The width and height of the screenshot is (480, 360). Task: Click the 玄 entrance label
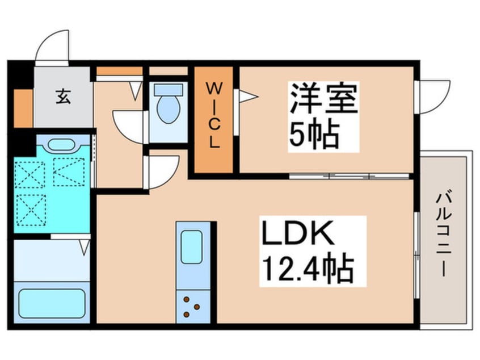63,98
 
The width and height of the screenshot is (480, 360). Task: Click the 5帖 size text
314,134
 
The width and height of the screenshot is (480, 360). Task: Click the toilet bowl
167,108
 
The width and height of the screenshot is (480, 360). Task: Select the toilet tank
168,89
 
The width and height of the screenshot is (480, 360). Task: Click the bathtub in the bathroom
52,304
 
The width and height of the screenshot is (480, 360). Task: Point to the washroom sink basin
60,144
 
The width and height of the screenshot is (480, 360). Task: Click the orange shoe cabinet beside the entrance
23,108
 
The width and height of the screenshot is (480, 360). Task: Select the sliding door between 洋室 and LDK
348,176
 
